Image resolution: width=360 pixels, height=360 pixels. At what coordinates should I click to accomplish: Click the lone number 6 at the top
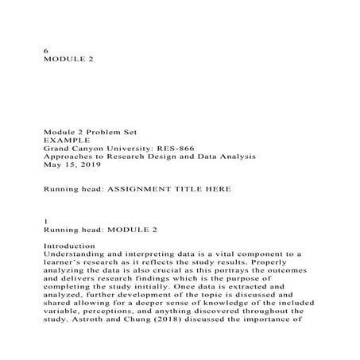(x=46, y=50)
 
